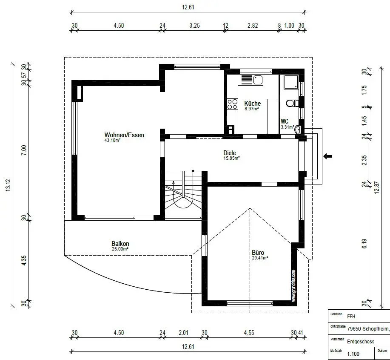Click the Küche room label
point(253,104)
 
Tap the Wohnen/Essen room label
point(124,135)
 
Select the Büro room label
point(258,253)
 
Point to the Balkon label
point(120,244)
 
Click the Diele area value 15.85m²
point(231,158)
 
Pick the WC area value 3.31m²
point(288,127)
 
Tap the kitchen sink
point(252,80)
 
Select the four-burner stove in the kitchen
point(232,104)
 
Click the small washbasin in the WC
point(298,130)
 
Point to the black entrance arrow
point(327,156)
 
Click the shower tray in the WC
point(291,82)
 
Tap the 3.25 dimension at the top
point(194,26)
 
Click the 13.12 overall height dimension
point(8,185)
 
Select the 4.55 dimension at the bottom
point(249,333)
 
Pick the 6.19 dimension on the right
point(364,244)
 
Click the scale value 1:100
point(353,354)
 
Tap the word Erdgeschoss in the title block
point(361,342)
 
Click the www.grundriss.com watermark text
point(294,286)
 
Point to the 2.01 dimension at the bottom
point(184,333)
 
